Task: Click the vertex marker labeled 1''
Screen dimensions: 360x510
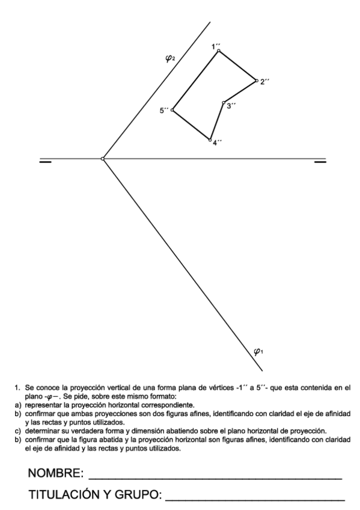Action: [x=218, y=51]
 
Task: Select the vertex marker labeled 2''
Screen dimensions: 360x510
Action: [x=256, y=81]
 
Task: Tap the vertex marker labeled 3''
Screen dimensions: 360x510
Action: [x=223, y=103]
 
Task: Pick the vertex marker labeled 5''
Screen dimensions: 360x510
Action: [x=172, y=110]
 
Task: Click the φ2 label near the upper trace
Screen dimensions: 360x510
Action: [x=170, y=58]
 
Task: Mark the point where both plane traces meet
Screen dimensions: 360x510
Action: [x=103, y=159]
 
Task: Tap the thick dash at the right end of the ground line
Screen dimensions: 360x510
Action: [x=320, y=161]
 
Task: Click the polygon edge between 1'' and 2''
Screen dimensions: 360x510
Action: [x=237, y=66]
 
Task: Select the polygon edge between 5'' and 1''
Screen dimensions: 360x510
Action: [x=195, y=81]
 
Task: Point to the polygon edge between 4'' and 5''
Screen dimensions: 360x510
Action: [x=191, y=125]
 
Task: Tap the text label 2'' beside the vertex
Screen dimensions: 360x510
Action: [x=265, y=82]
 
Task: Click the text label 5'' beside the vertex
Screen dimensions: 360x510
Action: [x=164, y=111]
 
